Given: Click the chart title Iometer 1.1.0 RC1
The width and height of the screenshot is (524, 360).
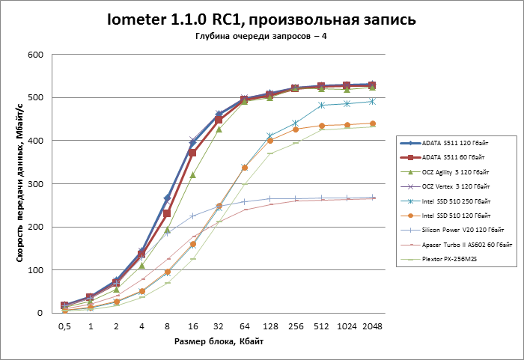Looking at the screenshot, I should tap(262, 19).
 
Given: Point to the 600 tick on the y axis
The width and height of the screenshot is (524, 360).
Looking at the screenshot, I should tap(34, 55).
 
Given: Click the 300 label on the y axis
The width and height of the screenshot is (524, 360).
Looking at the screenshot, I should tap(34, 184).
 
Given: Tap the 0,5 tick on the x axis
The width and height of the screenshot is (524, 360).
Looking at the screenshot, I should tap(65, 326).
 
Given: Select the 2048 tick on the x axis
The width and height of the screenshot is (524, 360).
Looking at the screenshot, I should tap(372, 326).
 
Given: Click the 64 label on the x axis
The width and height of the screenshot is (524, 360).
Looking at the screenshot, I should tap(244, 326).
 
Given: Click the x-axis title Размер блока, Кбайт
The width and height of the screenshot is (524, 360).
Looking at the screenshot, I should tap(219, 341).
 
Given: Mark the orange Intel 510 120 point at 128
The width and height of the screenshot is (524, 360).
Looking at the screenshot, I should tap(270, 141).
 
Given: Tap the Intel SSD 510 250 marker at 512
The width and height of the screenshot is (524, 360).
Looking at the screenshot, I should tap(321, 106).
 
